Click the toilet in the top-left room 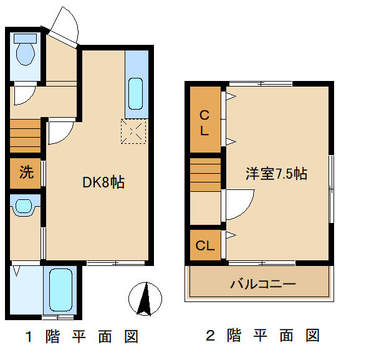(26, 52)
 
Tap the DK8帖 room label (103, 182)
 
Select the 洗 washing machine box (26, 173)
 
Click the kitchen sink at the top (137, 93)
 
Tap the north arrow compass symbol (145, 298)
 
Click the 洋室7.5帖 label (276, 174)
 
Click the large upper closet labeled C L (204, 123)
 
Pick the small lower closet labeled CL (205, 245)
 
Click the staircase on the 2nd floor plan (205, 174)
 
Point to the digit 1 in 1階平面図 (29, 337)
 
